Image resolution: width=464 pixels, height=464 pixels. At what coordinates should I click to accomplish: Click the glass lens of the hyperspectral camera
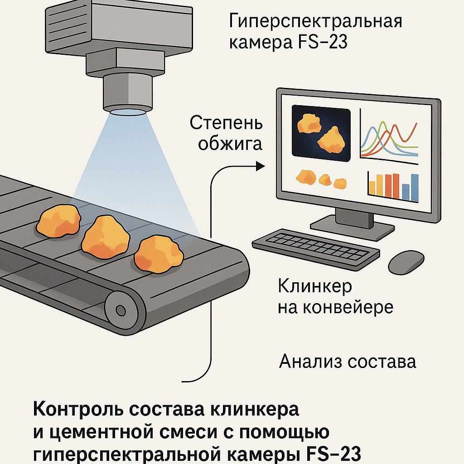click(127, 111)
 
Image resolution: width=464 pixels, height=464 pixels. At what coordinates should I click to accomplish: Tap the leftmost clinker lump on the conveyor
click(58, 222)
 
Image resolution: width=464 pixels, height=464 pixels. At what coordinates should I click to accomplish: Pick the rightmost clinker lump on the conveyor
click(159, 253)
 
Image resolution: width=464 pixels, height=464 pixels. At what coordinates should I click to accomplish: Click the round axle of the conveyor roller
click(121, 310)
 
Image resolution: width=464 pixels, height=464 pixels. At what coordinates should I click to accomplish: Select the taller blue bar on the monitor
click(414, 188)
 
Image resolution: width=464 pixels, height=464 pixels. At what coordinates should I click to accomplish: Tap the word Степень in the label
click(226, 123)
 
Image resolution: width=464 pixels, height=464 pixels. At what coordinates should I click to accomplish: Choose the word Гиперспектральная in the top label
click(316, 21)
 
